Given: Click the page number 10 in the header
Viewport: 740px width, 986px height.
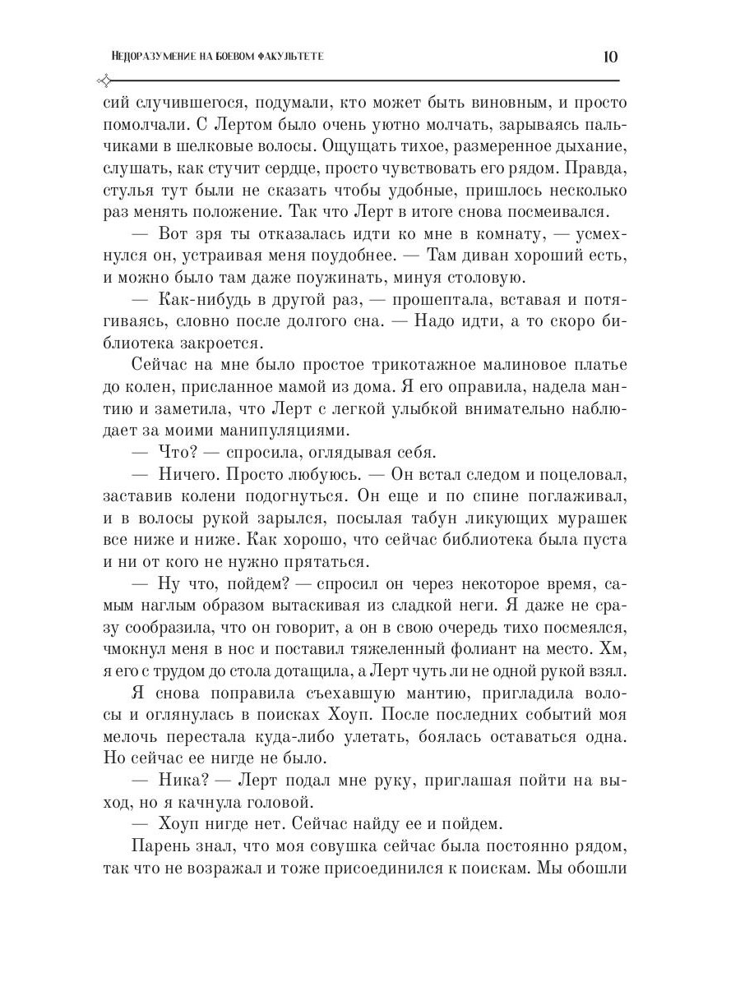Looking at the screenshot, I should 610,57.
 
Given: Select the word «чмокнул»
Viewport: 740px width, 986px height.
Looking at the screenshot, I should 140,627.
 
